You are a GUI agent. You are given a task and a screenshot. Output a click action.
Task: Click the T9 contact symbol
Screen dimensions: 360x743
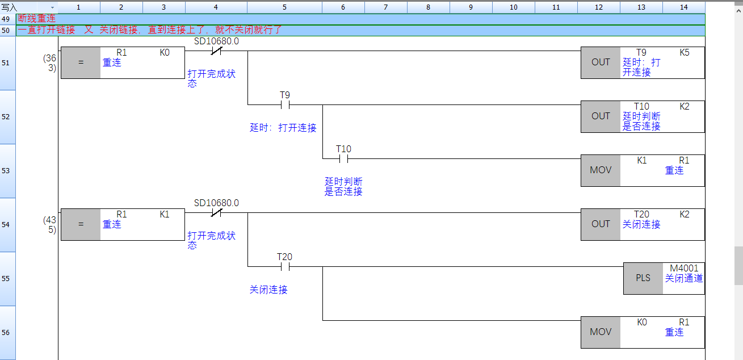pos(284,104)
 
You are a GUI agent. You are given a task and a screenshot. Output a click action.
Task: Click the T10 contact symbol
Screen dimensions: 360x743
pos(343,158)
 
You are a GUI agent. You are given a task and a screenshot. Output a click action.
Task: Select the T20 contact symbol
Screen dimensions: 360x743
pos(284,266)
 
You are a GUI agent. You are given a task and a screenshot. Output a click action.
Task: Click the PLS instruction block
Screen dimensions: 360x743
pos(643,278)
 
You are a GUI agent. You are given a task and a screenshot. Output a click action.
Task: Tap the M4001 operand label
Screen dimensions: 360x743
pos(684,268)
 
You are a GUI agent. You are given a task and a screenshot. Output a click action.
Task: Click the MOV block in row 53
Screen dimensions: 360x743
pos(601,170)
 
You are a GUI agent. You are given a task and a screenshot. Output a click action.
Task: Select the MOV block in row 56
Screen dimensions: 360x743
pos(601,332)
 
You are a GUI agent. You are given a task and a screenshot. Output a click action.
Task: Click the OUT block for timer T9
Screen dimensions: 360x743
pos(601,62)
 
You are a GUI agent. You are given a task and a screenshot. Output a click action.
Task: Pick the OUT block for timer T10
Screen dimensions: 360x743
pos(601,116)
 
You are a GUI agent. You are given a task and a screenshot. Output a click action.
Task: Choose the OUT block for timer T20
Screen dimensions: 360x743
pos(601,224)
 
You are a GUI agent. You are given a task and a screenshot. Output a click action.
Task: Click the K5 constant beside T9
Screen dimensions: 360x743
pos(685,52)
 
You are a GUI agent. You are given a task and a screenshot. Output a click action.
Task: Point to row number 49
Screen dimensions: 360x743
pos(6,19)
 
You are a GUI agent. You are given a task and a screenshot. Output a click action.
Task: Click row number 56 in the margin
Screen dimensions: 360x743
pos(6,333)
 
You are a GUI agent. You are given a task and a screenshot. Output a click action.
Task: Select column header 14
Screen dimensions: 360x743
pos(683,7)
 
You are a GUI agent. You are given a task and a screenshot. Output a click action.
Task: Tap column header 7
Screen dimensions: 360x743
pos(385,7)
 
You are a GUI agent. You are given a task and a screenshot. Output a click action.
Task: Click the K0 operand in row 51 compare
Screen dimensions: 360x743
pos(165,52)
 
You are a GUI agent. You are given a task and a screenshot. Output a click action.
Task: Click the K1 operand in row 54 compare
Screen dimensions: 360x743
pos(165,214)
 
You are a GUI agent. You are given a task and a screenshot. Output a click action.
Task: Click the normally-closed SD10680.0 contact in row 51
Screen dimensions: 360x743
pos(216,51)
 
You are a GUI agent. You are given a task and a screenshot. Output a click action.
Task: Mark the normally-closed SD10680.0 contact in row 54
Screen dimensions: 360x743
pos(216,213)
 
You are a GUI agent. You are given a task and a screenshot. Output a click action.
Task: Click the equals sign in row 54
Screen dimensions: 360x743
pos(81,224)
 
